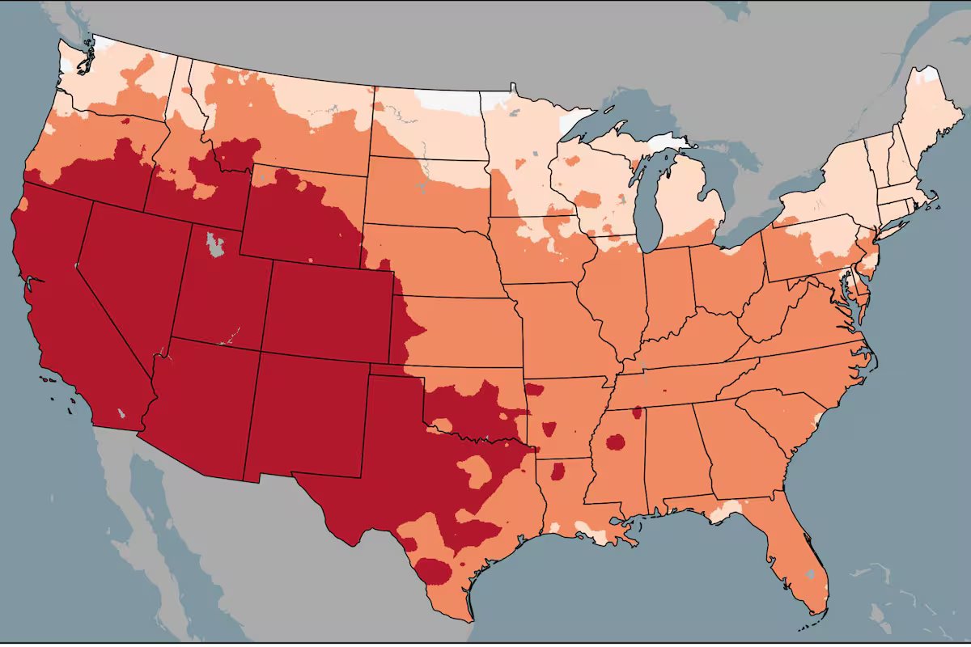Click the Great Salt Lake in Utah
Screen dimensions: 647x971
[x=214, y=243]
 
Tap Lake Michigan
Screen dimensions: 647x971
[x=648, y=202]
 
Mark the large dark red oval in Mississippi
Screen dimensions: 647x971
[x=616, y=442]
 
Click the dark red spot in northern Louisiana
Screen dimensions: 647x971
[x=558, y=472]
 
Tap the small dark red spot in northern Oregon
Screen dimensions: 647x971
[x=125, y=121]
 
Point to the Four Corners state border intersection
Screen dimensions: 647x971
[x=260, y=351]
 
